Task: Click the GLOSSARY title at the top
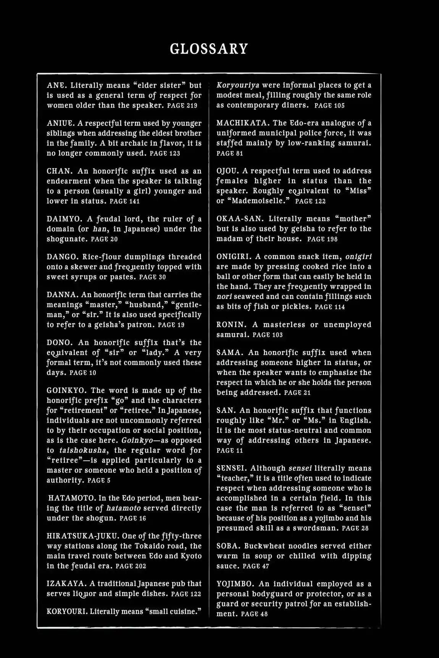point(209,49)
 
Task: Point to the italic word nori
point(224,296)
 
